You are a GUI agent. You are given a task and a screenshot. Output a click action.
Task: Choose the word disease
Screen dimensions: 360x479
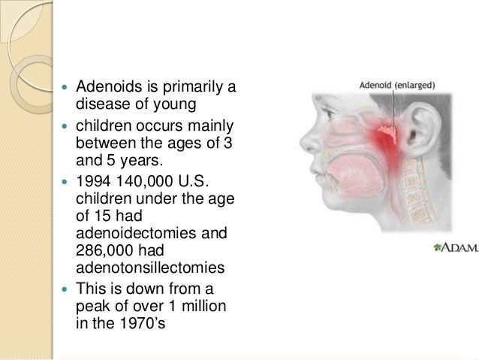[101, 107]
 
